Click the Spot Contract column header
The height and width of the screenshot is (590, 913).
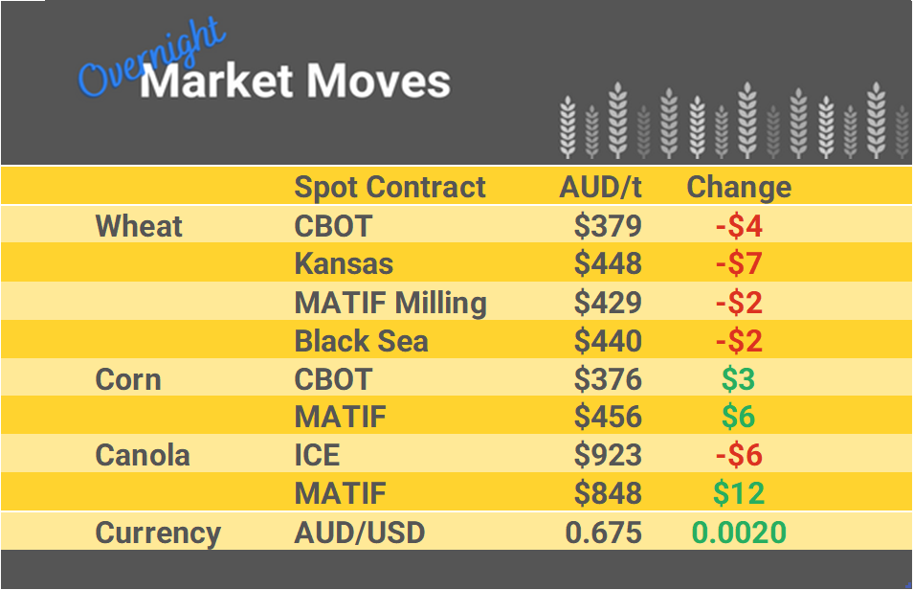click(x=390, y=187)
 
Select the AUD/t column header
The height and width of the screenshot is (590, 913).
click(x=600, y=187)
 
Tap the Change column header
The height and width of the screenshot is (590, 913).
click(x=739, y=187)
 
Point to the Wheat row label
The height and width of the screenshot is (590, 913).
click(x=139, y=226)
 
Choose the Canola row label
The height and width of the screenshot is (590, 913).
click(x=143, y=455)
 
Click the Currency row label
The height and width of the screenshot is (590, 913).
click(x=158, y=533)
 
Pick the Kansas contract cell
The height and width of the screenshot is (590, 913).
click(x=344, y=263)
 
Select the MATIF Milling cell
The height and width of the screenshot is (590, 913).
click(x=390, y=303)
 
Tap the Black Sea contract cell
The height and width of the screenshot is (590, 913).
click(x=361, y=341)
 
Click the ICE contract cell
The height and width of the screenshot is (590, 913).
click(x=317, y=455)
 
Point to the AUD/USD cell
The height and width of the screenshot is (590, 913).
click(x=359, y=533)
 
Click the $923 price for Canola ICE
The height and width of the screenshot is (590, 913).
click(x=608, y=455)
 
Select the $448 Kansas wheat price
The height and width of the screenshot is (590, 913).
click(x=608, y=263)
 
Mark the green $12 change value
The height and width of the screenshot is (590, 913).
click(x=739, y=493)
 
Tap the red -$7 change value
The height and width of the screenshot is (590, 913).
click(x=739, y=263)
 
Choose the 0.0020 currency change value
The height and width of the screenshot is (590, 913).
click(x=739, y=533)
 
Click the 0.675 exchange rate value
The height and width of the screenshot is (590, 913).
click(x=604, y=533)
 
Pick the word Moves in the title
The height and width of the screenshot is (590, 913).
click(x=376, y=82)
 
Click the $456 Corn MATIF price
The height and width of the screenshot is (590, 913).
click(x=608, y=417)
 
